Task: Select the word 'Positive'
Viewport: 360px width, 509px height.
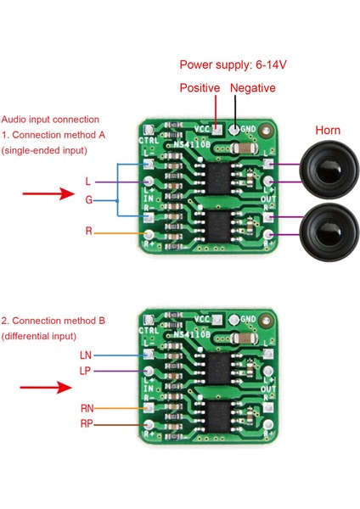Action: pyautogui.click(x=200, y=88)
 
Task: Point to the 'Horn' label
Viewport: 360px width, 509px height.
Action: pyautogui.click(x=328, y=131)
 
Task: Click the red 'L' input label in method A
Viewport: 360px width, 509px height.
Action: pyautogui.click(x=88, y=182)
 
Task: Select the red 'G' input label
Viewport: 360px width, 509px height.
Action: pyautogui.click(x=88, y=200)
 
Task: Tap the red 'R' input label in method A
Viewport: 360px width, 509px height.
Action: pyautogui.click(x=88, y=232)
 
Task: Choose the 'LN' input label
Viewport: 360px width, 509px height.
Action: pyautogui.click(x=86, y=355)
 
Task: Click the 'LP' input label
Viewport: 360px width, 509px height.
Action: pyautogui.click(x=86, y=372)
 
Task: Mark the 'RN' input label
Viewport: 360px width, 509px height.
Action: pyautogui.click(x=86, y=408)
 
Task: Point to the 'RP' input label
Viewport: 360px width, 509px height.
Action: pyautogui.click(x=86, y=423)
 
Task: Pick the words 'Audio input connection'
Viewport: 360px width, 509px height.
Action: pyautogui.click(x=50, y=120)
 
